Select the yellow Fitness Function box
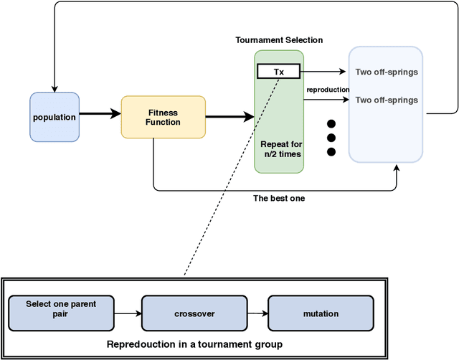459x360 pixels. click(163, 117)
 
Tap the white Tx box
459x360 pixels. click(279, 72)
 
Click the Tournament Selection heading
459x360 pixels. click(279, 40)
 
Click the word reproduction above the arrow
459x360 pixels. click(328, 90)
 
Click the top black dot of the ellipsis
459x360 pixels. click(331, 122)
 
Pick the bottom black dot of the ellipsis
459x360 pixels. click(331, 151)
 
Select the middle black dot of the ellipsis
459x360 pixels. click(331, 136)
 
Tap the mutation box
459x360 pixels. click(321, 313)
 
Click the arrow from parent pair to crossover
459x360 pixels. click(128, 313)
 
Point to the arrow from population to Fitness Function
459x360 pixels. click(100, 114)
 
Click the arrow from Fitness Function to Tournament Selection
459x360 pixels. click(229, 114)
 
